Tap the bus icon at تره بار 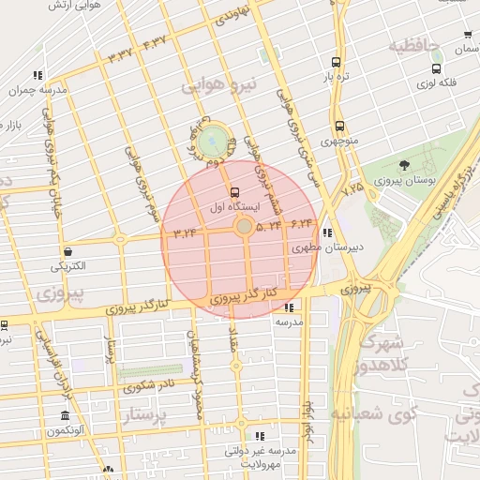336,63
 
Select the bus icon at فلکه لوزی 436,68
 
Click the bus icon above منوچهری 338,126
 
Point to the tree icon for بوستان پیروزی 404,165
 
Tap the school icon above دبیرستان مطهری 325,233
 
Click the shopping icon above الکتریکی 68,251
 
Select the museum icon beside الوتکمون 65,416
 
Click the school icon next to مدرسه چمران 37,75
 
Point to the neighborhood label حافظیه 415,45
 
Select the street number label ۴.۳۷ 155,41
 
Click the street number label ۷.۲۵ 352,188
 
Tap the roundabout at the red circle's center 244,227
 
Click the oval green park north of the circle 214,142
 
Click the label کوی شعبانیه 400,412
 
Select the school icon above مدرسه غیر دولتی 260,436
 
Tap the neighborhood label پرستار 145,413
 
